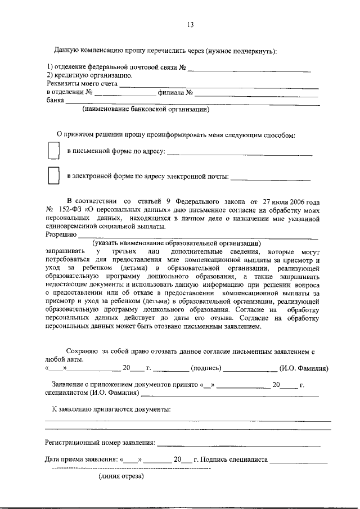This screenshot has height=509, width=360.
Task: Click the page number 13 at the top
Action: pyautogui.click(x=190, y=24)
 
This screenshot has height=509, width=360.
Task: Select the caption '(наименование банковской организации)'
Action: pyautogui.click(x=146, y=110)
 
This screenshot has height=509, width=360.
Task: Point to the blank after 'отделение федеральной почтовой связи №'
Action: pyautogui.click(x=249, y=70)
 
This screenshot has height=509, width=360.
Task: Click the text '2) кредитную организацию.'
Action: pyautogui.click(x=89, y=75)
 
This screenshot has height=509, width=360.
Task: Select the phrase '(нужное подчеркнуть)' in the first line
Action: pyautogui.click(x=241, y=51)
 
